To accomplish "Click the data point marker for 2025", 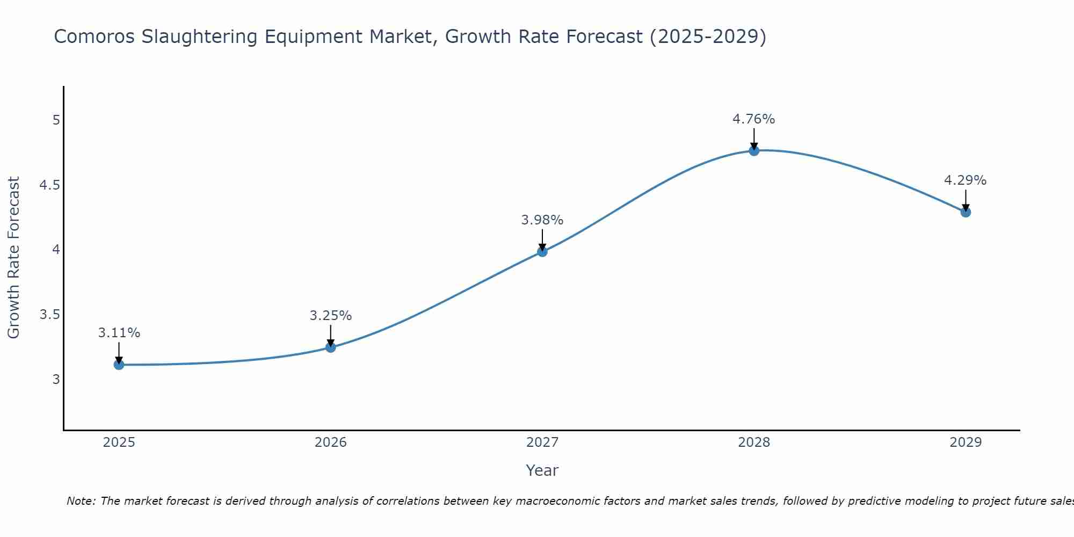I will pyautogui.click(x=119, y=365).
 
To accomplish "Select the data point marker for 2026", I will pyautogui.click(x=330, y=347).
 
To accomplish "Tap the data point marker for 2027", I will pyautogui.click(x=542, y=251).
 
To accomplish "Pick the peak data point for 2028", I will pyautogui.click(x=753, y=150).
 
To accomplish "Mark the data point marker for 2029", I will pyautogui.click(x=965, y=212).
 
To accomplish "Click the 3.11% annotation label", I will pyautogui.click(x=119, y=333).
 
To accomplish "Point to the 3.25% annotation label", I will pyautogui.click(x=330, y=316).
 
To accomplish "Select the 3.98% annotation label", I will pyautogui.click(x=542, y=220).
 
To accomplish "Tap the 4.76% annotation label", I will pyautogui.click(x=753, y=119).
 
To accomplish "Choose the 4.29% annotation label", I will pyautogui.click(x=965, y=180).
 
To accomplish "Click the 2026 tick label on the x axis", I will pyautogui.click(x=330, y=442).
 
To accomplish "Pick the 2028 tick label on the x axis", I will pyautogui.click(x=753, y=442).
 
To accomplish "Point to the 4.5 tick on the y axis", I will pyautogui.click(x=49, y=185).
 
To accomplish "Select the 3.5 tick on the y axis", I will pyautogui.click(x=49, y=315).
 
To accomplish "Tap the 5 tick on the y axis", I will pyautogui.click(x=56, y=120).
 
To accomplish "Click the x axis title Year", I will pyautogui.click(x=542, y=470).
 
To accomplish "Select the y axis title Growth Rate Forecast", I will pyautogui.click(x=13, y=258).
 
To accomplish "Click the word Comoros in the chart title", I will pyautogui.click(x=94, y=37).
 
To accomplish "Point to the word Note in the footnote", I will pyautogui.click(x=81, y=501).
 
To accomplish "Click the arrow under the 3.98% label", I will pyautogui.click(x=542, y=240).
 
